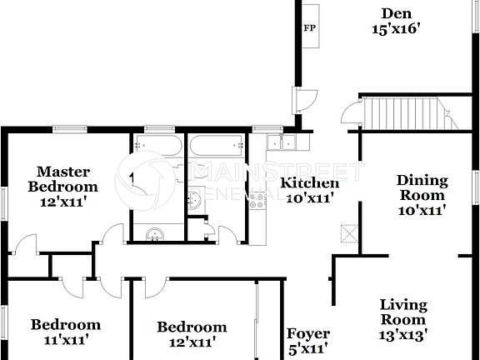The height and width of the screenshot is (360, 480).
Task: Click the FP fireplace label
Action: coord(308,27)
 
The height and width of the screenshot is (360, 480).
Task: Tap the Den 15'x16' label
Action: coord(394,20)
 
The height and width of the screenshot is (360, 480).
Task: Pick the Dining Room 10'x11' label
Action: coord(422,195)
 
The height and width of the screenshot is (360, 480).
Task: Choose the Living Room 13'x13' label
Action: coord(404,320)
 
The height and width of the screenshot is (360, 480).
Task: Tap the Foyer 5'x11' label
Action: coord(307,340)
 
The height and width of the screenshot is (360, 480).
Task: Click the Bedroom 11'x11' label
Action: coord(66,332)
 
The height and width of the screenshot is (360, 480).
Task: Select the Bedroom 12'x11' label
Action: coord(192,333)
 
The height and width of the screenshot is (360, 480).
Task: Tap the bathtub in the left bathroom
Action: coord(156,147)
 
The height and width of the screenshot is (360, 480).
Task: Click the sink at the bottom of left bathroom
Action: coord(153,234)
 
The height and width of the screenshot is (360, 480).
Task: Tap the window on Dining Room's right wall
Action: coord(477,186)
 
